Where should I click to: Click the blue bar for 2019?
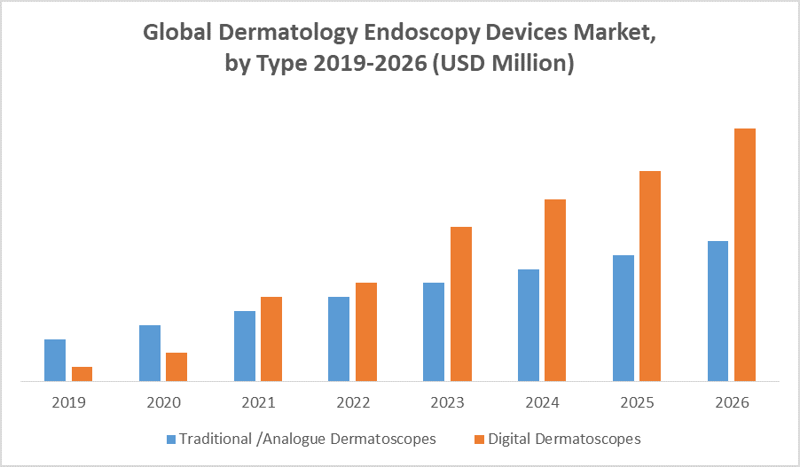pyautogui.click(x=55, y=360)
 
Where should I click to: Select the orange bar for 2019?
pyautogui.click(x=82, y=374)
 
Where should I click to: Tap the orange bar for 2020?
pyautogui.click(x=176, y=367)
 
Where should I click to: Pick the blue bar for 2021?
pyautogui.click(x=245, y=346)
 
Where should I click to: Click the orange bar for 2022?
pyautogui.click(x=365, y=331)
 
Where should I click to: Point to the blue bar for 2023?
pyautogui.click(x=434, y=331)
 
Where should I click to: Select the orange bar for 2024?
pyautogui.click(x=555, y=290)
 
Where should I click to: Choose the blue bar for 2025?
pyautogui.click(x=624, y=318)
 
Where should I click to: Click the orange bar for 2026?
pyautogui.click(x=745, y=254)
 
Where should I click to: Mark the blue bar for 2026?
pyautogui.click(x=718, y=311)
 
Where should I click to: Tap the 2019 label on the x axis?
pyautogui.click(x=68, y=402)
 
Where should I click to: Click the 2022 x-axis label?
pyautogui.click(x=353, y=402)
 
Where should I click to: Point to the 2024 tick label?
pyautogui.click(x=542, y=402)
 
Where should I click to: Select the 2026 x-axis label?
pyautogui.click(x=732, y=402)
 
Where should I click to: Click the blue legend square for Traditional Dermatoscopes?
pyautogui.click(x=171, y=439)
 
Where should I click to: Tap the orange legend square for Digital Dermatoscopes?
pyautogui.click(x=480, y=439)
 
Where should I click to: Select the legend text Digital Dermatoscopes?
pyautogui.click(x=564, y=439)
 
